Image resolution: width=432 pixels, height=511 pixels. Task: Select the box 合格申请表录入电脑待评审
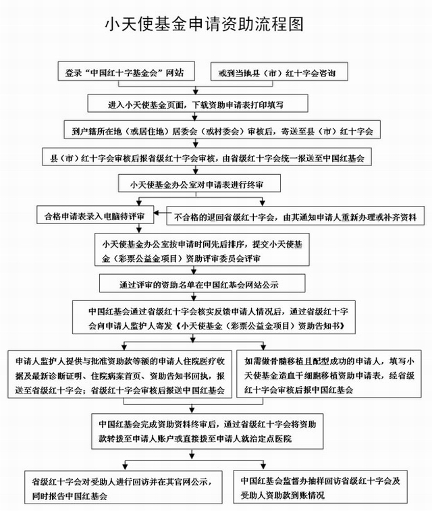(x=95, y=216)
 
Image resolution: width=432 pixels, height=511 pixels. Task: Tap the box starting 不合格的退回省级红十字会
(x=295, y=216)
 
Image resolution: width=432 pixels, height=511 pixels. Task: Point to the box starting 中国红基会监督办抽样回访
(x=324, y=488)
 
